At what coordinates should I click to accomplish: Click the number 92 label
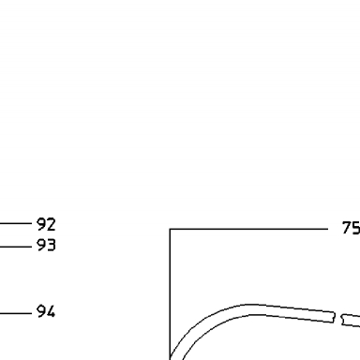click(46, 224)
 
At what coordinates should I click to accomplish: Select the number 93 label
click(46, 245)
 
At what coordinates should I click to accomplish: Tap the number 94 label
click(46, 311)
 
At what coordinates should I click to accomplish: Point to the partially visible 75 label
click(352, 228)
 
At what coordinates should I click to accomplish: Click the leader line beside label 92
click(16, 223)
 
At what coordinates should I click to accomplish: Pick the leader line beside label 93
click(16, 247)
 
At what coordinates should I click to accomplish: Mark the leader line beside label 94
click(16, 313)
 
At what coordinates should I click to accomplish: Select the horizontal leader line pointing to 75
click(248, 229)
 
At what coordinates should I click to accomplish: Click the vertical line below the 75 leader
click(170, 294)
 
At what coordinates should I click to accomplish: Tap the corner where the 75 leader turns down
click(170, 229)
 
